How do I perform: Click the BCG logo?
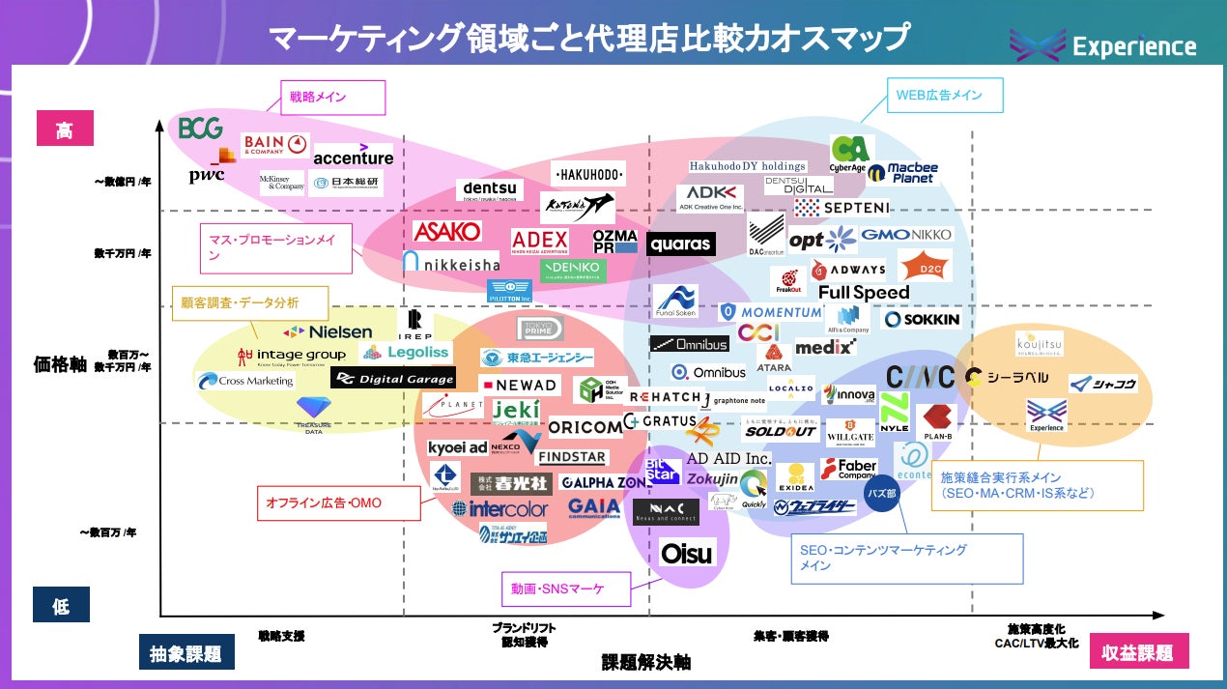click(x=201, y=128)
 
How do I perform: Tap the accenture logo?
click(x=354, y=158)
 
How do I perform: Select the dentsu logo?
click(x=490, y=190)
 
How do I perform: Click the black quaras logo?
click(x=680, y=244)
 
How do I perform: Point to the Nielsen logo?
click(x=328, y=331)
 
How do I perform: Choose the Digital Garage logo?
click(x=392, y=379)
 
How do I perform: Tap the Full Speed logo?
click(x=864, y=292)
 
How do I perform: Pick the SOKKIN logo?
click(x=922, y=319)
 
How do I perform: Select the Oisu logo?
click(x=687, y=553)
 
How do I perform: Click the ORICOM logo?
click(x=585, y=427)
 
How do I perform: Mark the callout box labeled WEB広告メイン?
click(x=946, y=95)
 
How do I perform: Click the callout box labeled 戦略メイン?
click(x=332, y=97)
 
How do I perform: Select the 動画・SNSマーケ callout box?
click(x=565, y=587)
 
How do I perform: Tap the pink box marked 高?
click(x=64, y=129)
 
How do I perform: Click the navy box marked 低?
click(x=61, y=606)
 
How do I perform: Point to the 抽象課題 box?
click(x=186, y=653)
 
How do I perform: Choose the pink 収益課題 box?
click(x=1139, y=652)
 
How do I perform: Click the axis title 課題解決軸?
click(x=646, y=662)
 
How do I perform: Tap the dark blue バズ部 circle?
click(x=881, y=493)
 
